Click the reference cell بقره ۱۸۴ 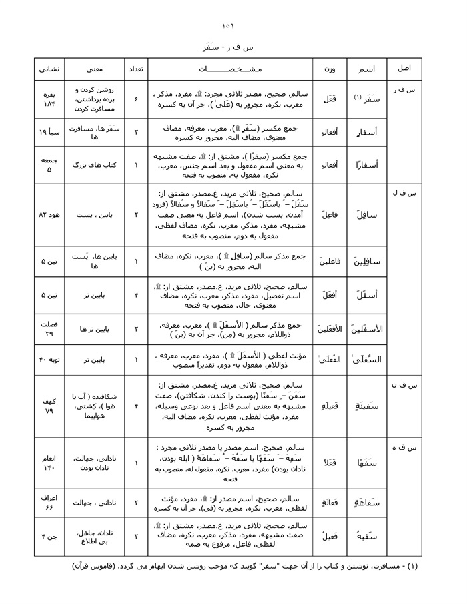pyautogui.click(x=49, y=98)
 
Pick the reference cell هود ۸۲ pyautogui.click(x=49, y=215)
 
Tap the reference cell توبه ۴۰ pyautogui.click(x=49, y=360)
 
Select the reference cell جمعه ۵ pyautogui.click(x=49, y=164)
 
